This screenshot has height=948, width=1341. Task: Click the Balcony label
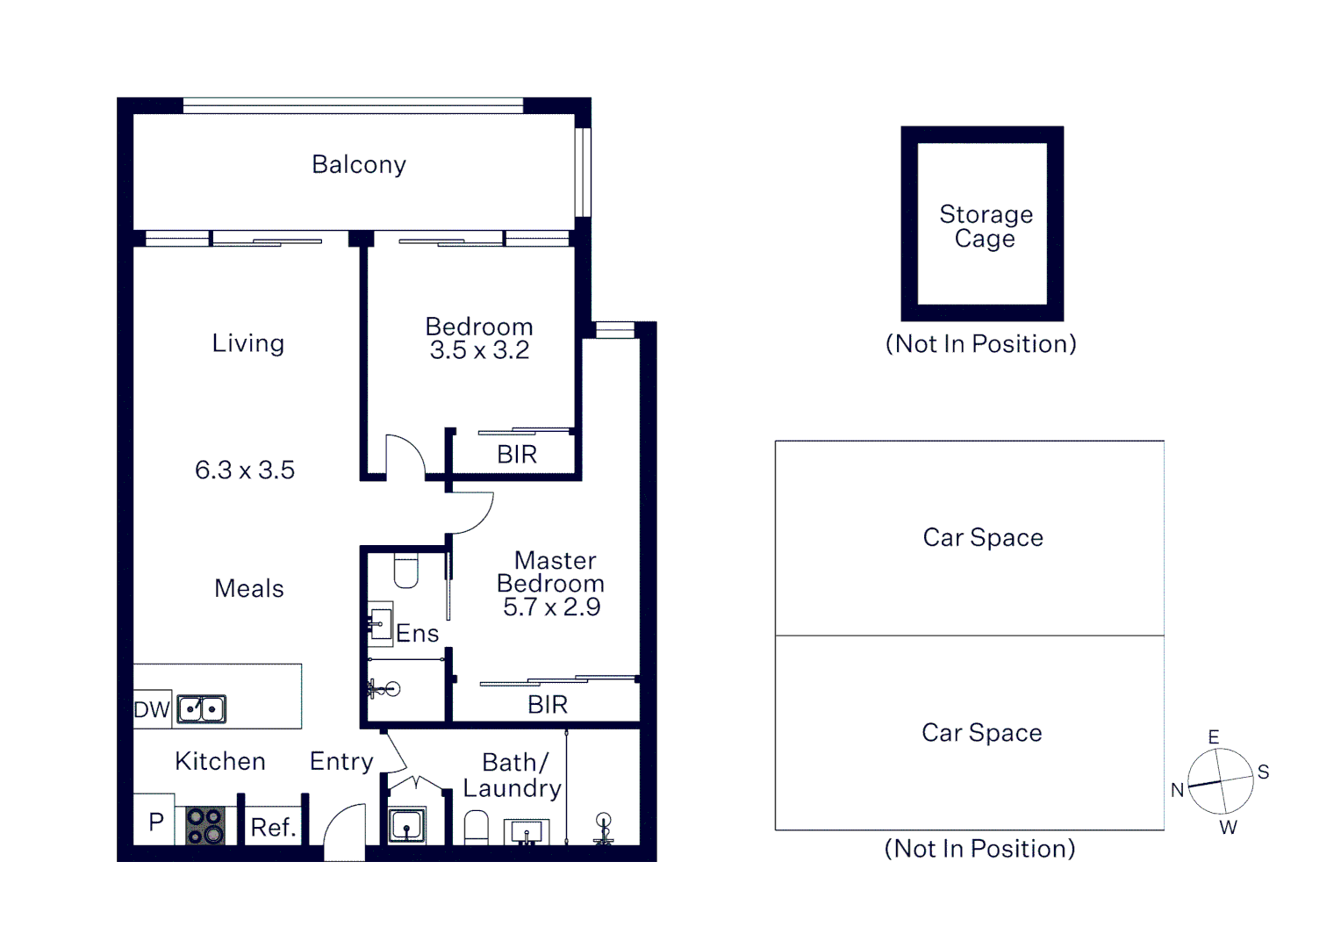coord(359,165)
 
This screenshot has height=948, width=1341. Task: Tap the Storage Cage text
coord(986,226)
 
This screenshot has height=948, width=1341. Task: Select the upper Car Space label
coord(983,537)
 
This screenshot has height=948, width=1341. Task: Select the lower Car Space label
coord(981,732)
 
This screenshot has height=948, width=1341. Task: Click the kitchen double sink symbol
coord(201,708)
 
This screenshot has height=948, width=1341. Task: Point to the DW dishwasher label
coord(151,709)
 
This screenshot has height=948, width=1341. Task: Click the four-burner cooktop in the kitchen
coord(205,826)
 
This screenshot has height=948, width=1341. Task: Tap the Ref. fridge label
coord(273,827)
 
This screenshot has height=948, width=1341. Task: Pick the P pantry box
coord(155,822)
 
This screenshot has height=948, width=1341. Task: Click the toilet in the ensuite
coord(406,571)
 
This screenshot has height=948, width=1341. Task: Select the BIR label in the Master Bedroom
coord(548,704)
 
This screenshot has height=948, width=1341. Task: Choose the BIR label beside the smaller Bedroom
coord(517,455)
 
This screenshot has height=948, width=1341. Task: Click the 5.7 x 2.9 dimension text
coord(551,607)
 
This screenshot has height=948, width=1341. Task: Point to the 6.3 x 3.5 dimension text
coord(245,470)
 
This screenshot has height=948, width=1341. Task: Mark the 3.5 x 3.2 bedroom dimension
coord(479,350)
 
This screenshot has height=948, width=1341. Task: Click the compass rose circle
coord(1221,781)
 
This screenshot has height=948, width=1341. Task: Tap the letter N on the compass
coord(1177,790)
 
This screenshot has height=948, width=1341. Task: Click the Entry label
coord(341,761)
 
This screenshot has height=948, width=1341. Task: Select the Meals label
coord(249,588)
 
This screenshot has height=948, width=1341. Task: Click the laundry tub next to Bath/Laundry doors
coord(406,825)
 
